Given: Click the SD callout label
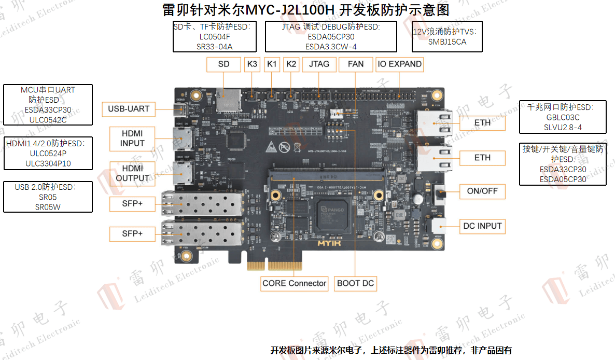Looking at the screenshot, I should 223,64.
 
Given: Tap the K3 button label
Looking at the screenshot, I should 252,64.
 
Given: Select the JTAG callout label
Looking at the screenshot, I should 319,64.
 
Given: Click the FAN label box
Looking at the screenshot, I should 355,64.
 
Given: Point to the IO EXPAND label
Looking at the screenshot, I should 399,64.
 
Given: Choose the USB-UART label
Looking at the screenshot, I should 129,109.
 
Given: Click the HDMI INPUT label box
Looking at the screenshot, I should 132,139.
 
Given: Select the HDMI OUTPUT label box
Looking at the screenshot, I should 132,173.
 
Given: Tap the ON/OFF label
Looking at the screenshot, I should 482,191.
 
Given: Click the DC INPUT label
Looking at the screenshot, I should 482,226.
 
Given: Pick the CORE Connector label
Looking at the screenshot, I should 294,283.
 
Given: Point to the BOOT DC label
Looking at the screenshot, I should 355,283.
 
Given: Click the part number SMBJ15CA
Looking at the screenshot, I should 447,41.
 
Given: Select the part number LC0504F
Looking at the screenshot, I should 214,37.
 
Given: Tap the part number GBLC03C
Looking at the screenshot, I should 563,118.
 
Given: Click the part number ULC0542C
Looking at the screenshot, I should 48,119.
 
